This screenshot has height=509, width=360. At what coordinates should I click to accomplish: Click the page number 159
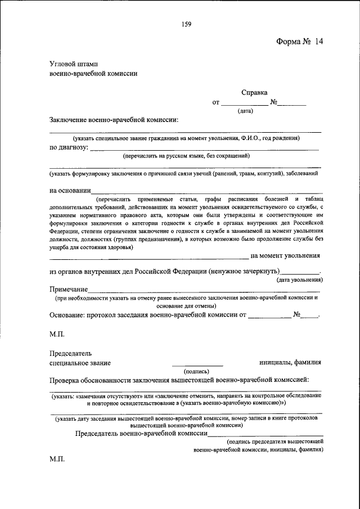coord(187,24)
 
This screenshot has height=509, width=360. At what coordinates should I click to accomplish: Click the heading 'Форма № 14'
coord(300,42)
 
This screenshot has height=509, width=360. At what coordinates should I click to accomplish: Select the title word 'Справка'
coord(254,92)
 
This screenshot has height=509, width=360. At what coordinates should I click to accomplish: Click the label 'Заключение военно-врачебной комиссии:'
coord(114,120)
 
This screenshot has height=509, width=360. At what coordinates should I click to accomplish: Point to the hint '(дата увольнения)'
coord(299,280)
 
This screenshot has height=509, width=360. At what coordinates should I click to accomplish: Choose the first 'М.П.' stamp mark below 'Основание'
coord(57,334)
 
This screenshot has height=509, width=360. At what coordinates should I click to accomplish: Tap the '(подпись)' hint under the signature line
coord(197,371)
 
